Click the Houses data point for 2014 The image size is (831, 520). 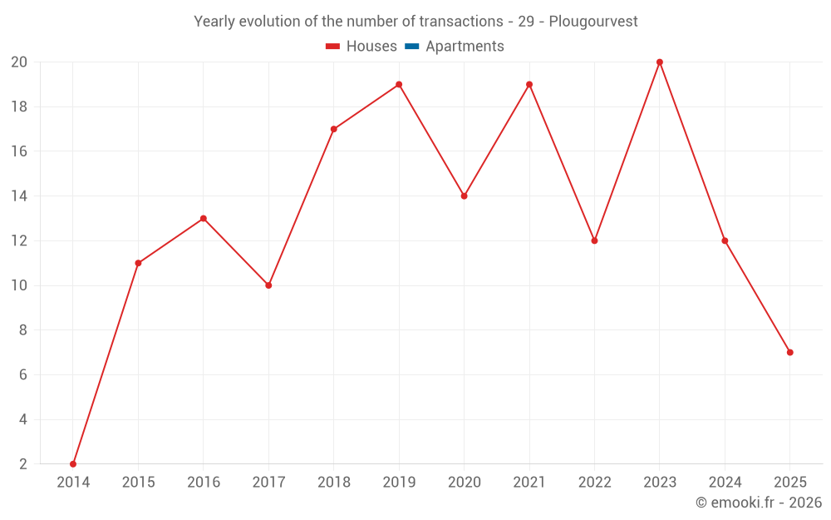pyautogui.click(x=73, y=464)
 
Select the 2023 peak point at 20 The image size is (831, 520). pyautogui.click(x=660, y=62)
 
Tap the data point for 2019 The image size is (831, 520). pyautogui.click(x=399, y=84)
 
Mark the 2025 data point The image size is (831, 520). pyautogui.click(x=790, y=352)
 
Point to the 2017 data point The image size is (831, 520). pyautogui.click(x=268, y=285)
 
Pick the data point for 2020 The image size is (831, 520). pyautogui.click(x=465, y=196)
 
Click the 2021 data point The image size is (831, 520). pyautogui.click(x=529, y=84)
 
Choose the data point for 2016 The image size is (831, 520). pyautogui.click(x=204, y=219)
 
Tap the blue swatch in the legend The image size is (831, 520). pyautogui.click(x=411, y=47)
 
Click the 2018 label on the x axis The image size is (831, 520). pyautogui.click(x=333, y=483)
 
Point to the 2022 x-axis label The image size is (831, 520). pyautogui.click(x=594, y=483)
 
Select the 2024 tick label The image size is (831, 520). pyautogui.click(x=725, y=483)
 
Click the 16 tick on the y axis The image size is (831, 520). pyautogui.click(x=19, y=151)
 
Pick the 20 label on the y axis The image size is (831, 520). pyautogui.click(x=19, y=62)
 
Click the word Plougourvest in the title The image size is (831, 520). pyautogui.click(x=593, y=22)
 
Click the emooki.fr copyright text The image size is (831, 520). pyautogui.click(x=759, y=503)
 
